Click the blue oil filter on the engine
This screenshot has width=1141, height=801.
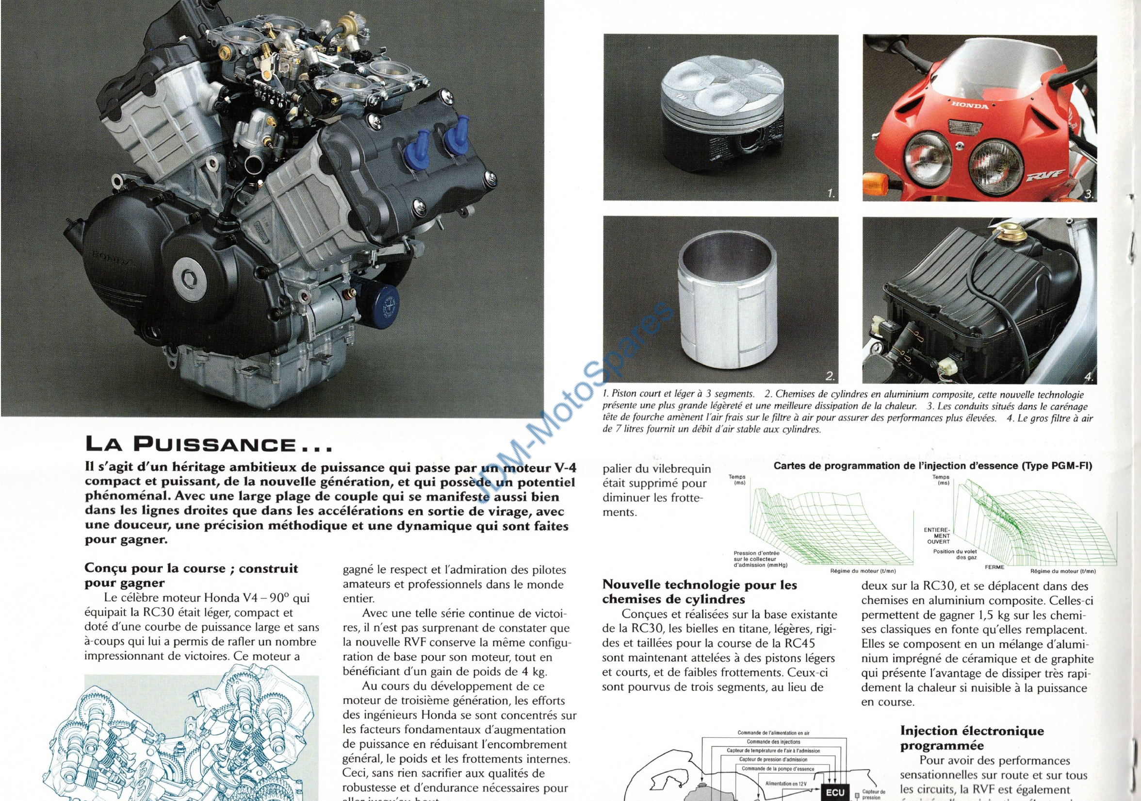coord(388,305)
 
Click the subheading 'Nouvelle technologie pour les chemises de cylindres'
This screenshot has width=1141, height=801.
coord(699,592)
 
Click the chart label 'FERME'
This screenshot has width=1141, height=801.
coord(994,567)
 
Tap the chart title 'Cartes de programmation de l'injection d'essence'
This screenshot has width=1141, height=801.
coord(933,466)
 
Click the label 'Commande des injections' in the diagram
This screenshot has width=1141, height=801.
coord(773,742)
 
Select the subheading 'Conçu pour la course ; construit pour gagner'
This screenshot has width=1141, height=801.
coord(191,575)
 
